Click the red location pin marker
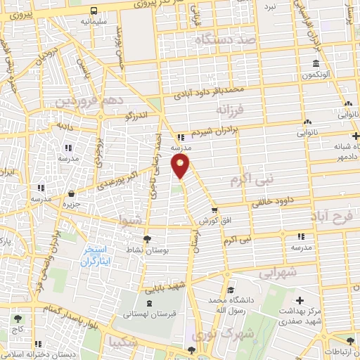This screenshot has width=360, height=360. tap(181, 167)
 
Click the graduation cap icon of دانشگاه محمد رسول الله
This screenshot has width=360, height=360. tap(231, 290)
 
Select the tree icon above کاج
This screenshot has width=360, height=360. tap(16, 319)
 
